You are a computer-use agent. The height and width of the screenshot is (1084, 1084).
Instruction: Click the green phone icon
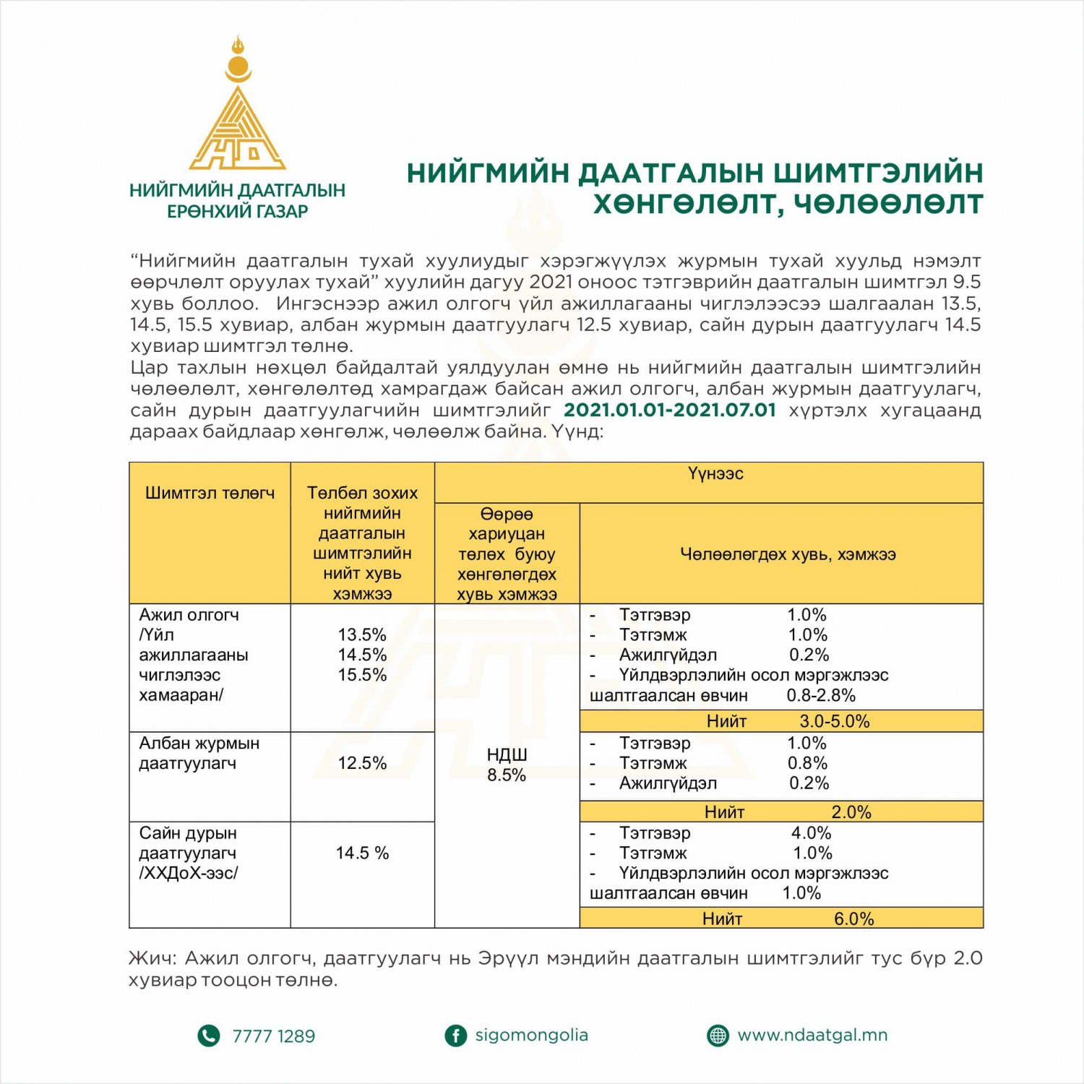point(208,1036)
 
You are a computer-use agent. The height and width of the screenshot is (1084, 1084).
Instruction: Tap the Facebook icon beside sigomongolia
point(455,1036)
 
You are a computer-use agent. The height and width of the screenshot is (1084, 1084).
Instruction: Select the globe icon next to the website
point(718,1036)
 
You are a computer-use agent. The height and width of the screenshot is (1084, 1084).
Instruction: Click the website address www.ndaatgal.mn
point(812,1035)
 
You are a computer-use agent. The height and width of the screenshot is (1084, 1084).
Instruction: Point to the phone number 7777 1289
point(273,1036)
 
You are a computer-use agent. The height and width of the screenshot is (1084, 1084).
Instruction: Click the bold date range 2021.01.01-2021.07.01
point(669,410)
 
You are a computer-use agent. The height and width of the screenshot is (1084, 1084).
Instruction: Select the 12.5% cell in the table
point(362,763)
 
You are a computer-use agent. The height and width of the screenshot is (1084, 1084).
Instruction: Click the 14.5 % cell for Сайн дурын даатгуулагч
point(362,853)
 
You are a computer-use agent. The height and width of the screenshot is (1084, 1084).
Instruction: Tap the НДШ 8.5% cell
point(507,765)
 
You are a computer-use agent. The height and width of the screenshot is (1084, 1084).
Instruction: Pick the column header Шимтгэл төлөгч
point(210,493)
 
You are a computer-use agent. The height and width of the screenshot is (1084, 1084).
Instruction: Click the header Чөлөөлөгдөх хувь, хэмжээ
point(788,554)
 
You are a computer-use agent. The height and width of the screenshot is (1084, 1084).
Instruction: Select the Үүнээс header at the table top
point(715,474)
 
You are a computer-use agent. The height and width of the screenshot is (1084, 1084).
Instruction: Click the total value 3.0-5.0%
point(835,721)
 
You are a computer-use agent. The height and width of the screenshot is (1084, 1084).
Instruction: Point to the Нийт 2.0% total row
point(788,812)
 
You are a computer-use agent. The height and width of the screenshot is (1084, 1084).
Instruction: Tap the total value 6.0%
point(853,919)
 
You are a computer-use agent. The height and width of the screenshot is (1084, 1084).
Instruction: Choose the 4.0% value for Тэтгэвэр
point(811,833)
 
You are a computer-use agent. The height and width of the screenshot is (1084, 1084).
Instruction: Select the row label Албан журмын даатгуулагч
point(199,753)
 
